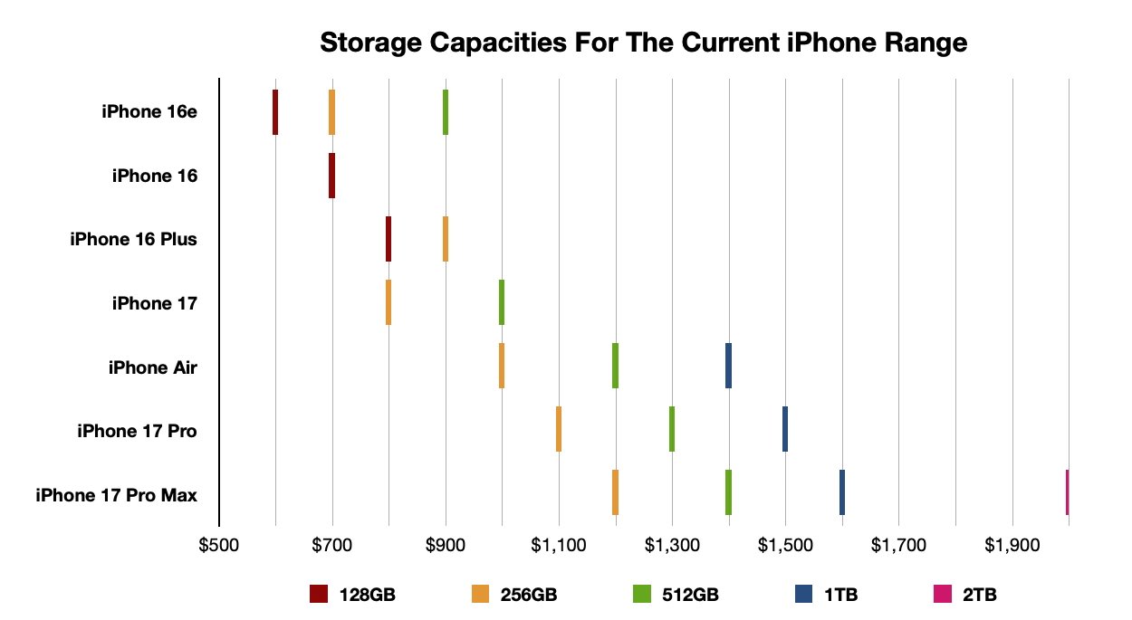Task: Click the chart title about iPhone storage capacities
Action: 644,42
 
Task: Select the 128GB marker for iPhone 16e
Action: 275,112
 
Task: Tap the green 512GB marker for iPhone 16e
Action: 446,112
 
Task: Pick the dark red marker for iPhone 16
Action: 331,176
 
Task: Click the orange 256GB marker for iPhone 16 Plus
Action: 446,239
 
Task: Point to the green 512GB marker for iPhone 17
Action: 502,302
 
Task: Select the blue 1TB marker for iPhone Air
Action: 728,366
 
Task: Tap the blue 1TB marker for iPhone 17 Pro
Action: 785,429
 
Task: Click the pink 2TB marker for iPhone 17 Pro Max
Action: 1068,492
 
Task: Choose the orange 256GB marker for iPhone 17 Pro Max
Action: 615,492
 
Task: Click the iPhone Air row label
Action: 152,367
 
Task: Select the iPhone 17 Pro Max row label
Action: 116,495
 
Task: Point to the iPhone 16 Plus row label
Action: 133,240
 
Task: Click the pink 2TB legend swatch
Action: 943,595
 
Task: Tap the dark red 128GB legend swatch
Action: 319,595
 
